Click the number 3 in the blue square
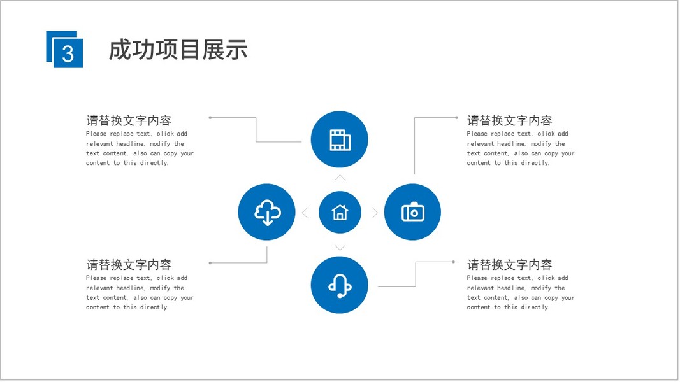pyautogui.click(x=68, y=53)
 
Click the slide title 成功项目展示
pyautogui.click(x=178, y=50)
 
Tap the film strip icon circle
pyautogui.click(x=340, y=140)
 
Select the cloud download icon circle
pyautogui.click(x=267, y=212)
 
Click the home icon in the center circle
pyautogui.click(x=340, y=212)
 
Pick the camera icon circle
pyautogui.click(x=413, y=212)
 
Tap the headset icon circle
pyautogui.click(x=340, y=285)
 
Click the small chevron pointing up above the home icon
pyautogui.click(x=340, y=178)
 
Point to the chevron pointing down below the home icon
pyautogui.click(x=340, y=248)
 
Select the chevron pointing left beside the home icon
pyautogui.click(x=305, y=213)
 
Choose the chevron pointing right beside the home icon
pyautogui.click(x=375, y=213)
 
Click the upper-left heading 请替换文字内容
pyautogui.click(x=129, y=120)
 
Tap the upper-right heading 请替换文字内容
pyautogui.click(x=509, y=120)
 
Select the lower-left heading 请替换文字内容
pyautogui.click(x=129, y=265)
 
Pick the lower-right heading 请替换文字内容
pyautogui.click(x=509, y=265)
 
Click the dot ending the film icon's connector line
pyautogui.click(x=210, y=117)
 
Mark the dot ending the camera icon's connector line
pyautogui.click(x=457, y=117)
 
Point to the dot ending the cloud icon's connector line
pyautogui.click(x=210, y=262)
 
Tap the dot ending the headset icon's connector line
pyautogui.click(x=453, y=262)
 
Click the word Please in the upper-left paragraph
pyautogui.click(x=96, y=134)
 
